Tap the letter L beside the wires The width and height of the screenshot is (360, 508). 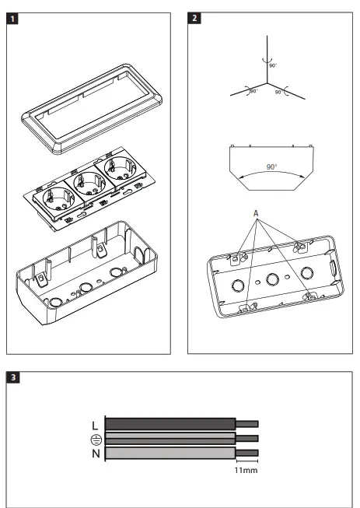point(95,425)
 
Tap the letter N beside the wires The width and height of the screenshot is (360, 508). point(95,453)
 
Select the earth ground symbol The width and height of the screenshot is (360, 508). point(95,439)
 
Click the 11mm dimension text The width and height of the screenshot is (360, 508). point(246,470)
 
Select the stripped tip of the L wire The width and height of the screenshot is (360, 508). point(246,424)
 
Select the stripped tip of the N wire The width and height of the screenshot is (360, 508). point(246,452)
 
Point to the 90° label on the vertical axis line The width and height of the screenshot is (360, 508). point(273,66)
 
